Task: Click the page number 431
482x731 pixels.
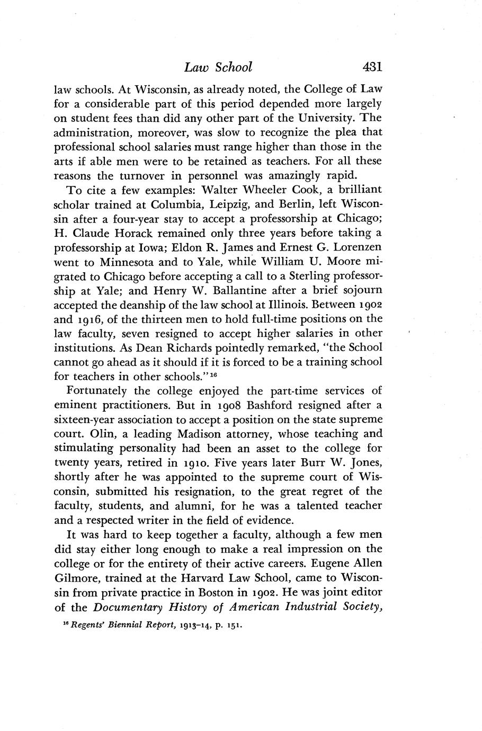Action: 372,67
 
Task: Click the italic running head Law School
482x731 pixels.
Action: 218,67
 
